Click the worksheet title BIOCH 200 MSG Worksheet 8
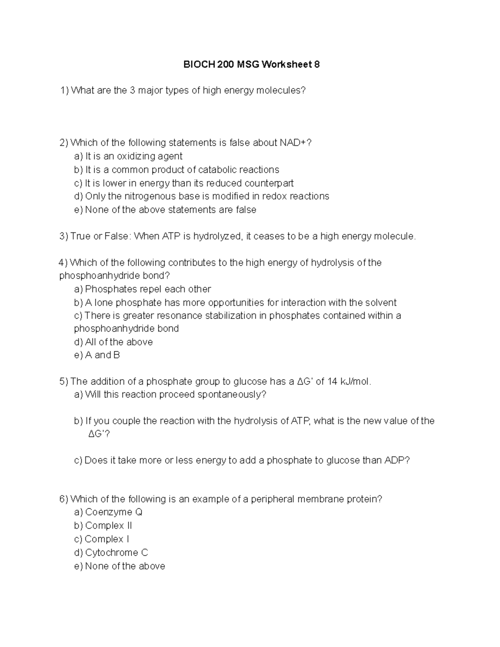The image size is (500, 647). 252,65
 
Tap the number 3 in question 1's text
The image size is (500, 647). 132,90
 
